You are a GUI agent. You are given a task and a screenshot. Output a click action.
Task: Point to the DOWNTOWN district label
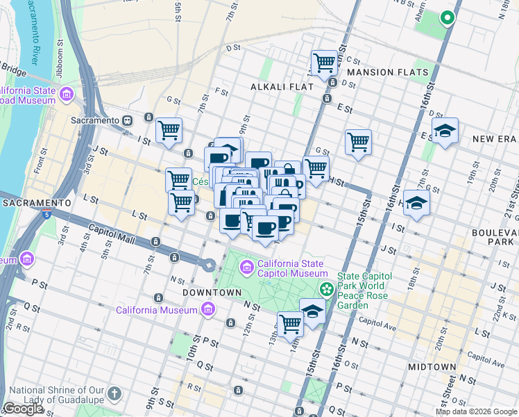click(212, 293)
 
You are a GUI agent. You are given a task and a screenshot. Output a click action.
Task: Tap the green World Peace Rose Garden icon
click(325, 288)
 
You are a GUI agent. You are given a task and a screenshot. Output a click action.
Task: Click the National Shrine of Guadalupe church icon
click(114, 394)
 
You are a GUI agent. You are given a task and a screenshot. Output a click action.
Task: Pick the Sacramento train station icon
click(128, 120)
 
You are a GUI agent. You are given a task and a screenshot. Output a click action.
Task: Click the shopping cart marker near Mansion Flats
click(324, 63)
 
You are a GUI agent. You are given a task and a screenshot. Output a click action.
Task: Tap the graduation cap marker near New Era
click(444, 131)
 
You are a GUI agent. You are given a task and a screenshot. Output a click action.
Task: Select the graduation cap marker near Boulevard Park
click(416, 203)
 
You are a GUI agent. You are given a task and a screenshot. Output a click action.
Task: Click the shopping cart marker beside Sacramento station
click(169, 129)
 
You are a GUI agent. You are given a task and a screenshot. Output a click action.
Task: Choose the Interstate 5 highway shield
click(45, 215)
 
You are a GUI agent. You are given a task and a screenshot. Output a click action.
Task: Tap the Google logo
click(22, 409)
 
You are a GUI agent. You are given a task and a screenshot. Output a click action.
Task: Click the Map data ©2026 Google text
click(476, 411)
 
